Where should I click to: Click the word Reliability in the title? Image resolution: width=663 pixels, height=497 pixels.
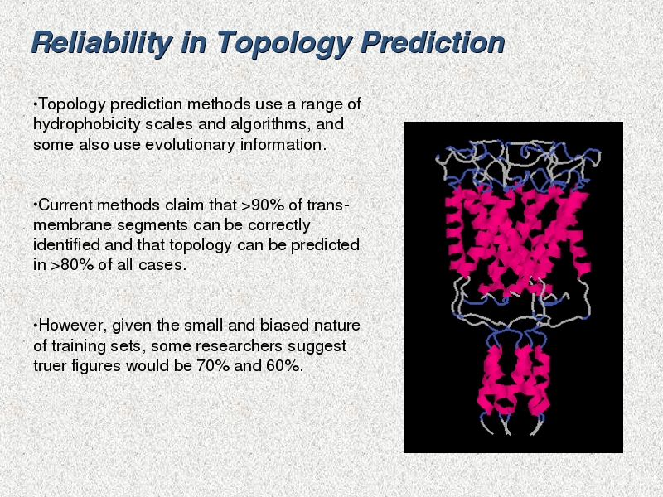point(102,43)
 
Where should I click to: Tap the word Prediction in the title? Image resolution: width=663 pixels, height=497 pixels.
point(433,42)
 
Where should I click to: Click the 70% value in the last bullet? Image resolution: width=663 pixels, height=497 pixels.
point(213,365)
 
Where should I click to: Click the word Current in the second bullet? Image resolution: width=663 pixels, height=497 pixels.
point(65,205)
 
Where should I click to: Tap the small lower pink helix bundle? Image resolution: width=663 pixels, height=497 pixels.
point(514,379)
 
